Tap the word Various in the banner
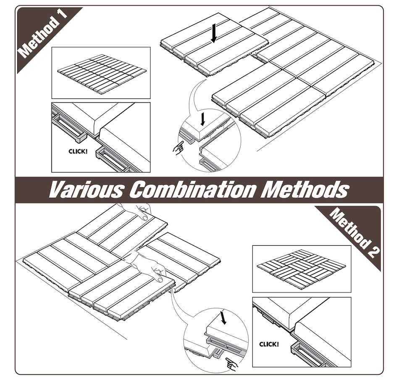click(86, 190)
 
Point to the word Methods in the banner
click(305, 190)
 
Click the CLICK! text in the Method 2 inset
click(269, 344)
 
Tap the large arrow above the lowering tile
click(214, 33)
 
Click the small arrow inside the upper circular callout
click(202, 119)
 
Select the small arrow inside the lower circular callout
click(223, 317)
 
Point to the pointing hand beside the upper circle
click(178, 148)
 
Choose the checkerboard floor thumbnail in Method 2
click(301, 268)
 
